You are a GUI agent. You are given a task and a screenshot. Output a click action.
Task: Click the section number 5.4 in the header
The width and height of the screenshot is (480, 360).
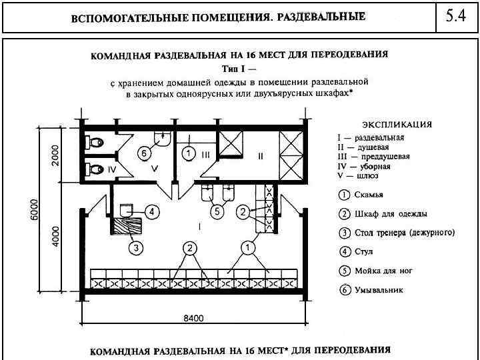pos(455,17)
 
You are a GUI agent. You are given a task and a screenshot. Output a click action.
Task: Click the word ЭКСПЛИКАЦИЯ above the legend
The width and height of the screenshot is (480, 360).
pos(397,124)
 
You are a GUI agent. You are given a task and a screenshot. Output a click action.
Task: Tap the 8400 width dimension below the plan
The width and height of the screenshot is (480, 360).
pos(193,319)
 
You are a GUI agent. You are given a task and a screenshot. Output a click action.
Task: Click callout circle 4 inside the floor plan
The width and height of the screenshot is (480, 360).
pos(152,212)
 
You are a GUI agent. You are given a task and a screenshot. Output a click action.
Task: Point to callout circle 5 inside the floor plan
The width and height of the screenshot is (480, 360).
pos(216,212)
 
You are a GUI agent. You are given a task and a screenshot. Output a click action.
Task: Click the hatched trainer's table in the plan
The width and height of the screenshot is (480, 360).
pos(127,223)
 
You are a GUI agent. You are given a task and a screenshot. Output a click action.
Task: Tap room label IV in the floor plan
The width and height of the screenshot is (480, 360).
pos(112,170)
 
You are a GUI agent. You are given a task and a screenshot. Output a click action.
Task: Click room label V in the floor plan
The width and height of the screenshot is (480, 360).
pos(154,169)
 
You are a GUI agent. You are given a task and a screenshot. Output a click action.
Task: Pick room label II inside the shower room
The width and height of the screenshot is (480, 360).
pos(260,156)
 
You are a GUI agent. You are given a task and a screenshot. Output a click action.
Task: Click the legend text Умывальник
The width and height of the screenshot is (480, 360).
pos(379,291)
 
